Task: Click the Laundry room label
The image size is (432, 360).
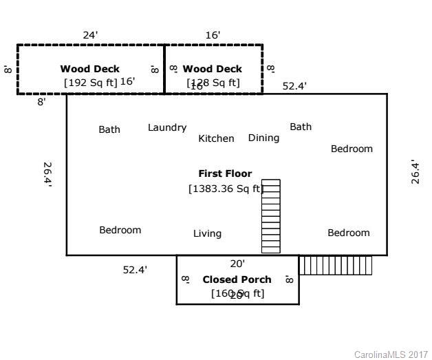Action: (x=167, y=127)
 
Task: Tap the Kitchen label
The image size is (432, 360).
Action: (x=216, y=138)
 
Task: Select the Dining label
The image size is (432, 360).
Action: (x=263, y=138)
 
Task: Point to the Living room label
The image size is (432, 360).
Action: (x=207, y=233)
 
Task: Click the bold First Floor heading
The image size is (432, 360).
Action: (x=225, y=173)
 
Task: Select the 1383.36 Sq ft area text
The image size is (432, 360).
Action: (x=225, y=189)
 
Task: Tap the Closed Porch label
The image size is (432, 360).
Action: (x=237, y=279)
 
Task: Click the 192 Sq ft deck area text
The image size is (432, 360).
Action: (x=91, y=82)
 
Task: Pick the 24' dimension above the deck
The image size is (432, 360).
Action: (x=90, y=34)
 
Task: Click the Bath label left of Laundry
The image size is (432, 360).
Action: (x=109, y=129)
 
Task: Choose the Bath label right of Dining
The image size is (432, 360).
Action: (x=301, y=127)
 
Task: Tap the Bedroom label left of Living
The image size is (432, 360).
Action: (x=120, y=230)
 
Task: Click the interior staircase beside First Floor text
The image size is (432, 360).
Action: (x=271, y=216)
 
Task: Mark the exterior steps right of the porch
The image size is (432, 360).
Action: (x=336, y=265)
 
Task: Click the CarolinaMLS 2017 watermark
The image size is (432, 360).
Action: (x=390, y=354)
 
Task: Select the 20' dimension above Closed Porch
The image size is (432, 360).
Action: (x=237, y=263)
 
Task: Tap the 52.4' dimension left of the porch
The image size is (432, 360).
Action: (x=135, y=270)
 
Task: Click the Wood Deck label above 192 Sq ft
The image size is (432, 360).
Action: (x=89, y=69)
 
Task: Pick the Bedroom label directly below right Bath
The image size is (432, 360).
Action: (x=352, y=149)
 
